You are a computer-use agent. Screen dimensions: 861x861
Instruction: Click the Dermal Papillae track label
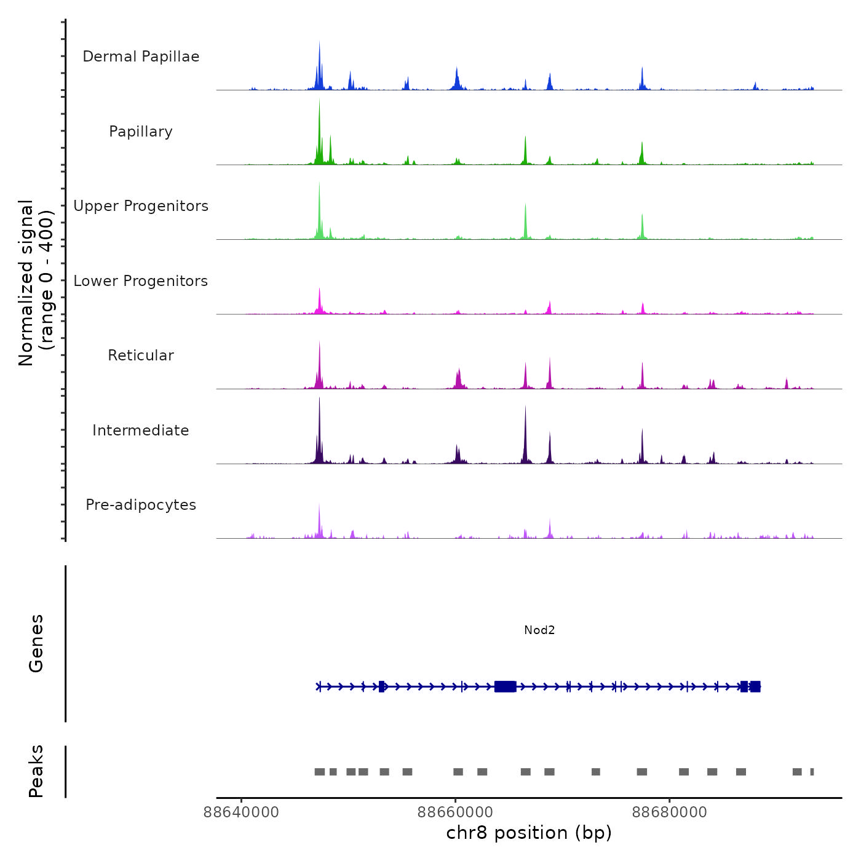click(141, 57)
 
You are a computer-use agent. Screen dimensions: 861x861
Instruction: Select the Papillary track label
click(141, 132)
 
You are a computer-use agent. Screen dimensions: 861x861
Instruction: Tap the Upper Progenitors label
click(141, 206)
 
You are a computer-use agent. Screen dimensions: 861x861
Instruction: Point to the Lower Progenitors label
click(141, 281)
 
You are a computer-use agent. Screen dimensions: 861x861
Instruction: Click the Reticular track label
click(141, 355)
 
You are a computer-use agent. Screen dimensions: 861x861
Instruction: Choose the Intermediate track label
click(141, 430)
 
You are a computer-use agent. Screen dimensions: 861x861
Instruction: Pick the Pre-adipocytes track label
click(141, 505)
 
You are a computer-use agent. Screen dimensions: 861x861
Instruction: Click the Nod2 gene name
click(539, 630)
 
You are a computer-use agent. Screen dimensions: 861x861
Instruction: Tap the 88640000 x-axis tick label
click(241, 812)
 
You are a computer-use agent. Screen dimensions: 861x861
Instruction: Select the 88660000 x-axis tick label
click(455, 812)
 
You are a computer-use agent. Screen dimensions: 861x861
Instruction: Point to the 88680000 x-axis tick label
click(670, 812)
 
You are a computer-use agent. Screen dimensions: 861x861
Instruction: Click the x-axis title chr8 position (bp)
click(529, 833)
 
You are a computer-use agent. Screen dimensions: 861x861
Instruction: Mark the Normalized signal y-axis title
click(36, 283)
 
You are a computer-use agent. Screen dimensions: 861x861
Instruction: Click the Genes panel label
click(36, 643)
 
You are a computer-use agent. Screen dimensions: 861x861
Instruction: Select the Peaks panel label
click(36, 771)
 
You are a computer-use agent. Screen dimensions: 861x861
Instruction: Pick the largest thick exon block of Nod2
click(505, 686)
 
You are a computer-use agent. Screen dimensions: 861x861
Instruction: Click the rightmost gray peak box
click(812, 772)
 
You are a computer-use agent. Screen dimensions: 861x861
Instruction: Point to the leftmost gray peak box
click(320, 772)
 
